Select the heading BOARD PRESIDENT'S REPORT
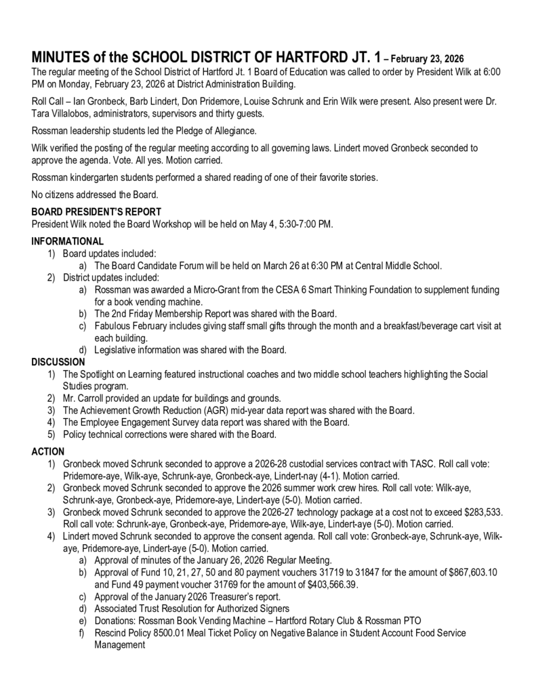pyautogui.click(x=96, y=211)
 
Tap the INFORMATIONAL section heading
pyautogui.click(x=68, y=241)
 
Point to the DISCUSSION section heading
pyautogui.click(x=58, y=363)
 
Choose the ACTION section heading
pyautogui.click(x=48, y=451)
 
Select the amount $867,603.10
pyautogui.click(x=473, y=573)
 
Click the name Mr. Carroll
pyautogui.click(x=88, y=398)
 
